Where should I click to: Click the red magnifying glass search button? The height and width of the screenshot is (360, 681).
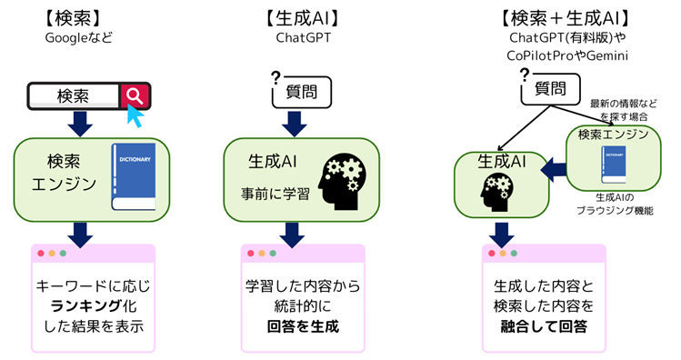point(135,95)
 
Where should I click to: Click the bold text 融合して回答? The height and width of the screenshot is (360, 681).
point(544,326)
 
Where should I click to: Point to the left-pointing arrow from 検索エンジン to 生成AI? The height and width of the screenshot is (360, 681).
point(551,168)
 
